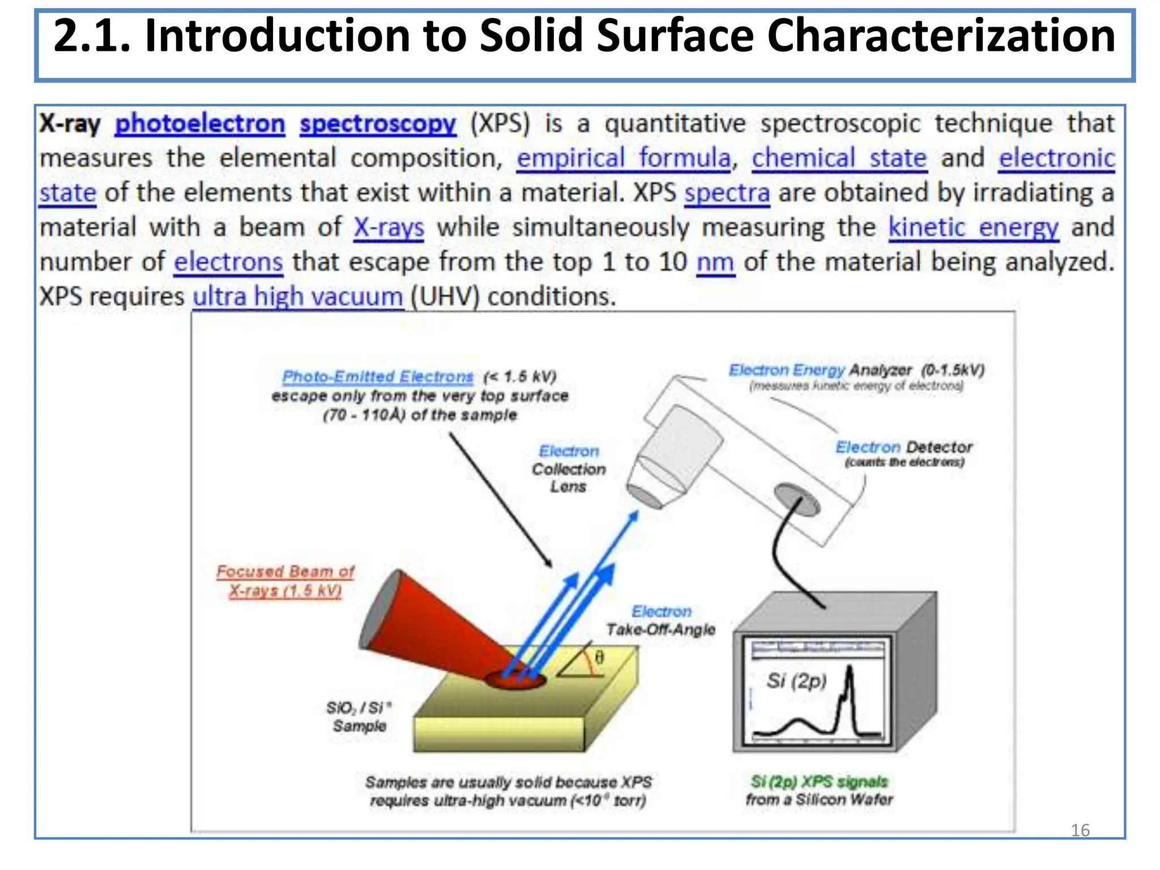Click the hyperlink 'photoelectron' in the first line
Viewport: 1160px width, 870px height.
click(199, 124)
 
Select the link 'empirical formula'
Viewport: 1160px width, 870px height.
click(624, 159)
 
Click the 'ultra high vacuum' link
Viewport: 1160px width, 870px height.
click(298, 297)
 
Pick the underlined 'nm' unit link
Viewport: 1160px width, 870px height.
click(715, 263)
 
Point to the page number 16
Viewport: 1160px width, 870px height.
click(1080, 830)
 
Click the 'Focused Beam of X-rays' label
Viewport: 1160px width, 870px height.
click(285, 581)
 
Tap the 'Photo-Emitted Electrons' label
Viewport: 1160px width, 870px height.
click(377, 377)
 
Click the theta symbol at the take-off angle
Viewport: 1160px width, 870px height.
click(599, 658)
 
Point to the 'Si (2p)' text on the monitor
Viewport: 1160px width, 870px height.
click(796, 680)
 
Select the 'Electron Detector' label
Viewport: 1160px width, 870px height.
click(904, 447)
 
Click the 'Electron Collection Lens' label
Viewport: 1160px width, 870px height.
click(569, 469)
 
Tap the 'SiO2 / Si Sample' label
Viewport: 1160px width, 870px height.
click(359, 717)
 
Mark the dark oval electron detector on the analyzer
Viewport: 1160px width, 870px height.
click(796, 500)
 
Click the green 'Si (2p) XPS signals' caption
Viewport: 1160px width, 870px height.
click(819, 782)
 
